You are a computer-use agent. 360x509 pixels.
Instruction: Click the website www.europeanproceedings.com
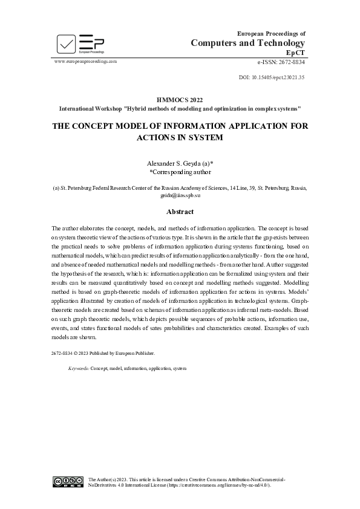click(85, 62)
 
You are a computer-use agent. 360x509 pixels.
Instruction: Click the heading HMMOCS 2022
click(180, 100)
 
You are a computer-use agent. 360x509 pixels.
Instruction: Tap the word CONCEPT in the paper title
click(98, 126)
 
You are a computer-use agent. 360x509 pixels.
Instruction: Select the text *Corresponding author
click(180, 172)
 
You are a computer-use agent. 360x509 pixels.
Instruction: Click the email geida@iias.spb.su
click(180, 196)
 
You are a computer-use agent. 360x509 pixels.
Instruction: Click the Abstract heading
click(180, 212)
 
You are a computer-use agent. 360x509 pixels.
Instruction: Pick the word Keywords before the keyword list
click(79, 368)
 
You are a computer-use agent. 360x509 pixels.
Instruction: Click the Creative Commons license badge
click(68, 482)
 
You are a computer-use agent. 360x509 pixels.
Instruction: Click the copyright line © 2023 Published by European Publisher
click(103, 352)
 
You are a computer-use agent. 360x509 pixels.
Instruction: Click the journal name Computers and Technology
click(248, 43)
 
